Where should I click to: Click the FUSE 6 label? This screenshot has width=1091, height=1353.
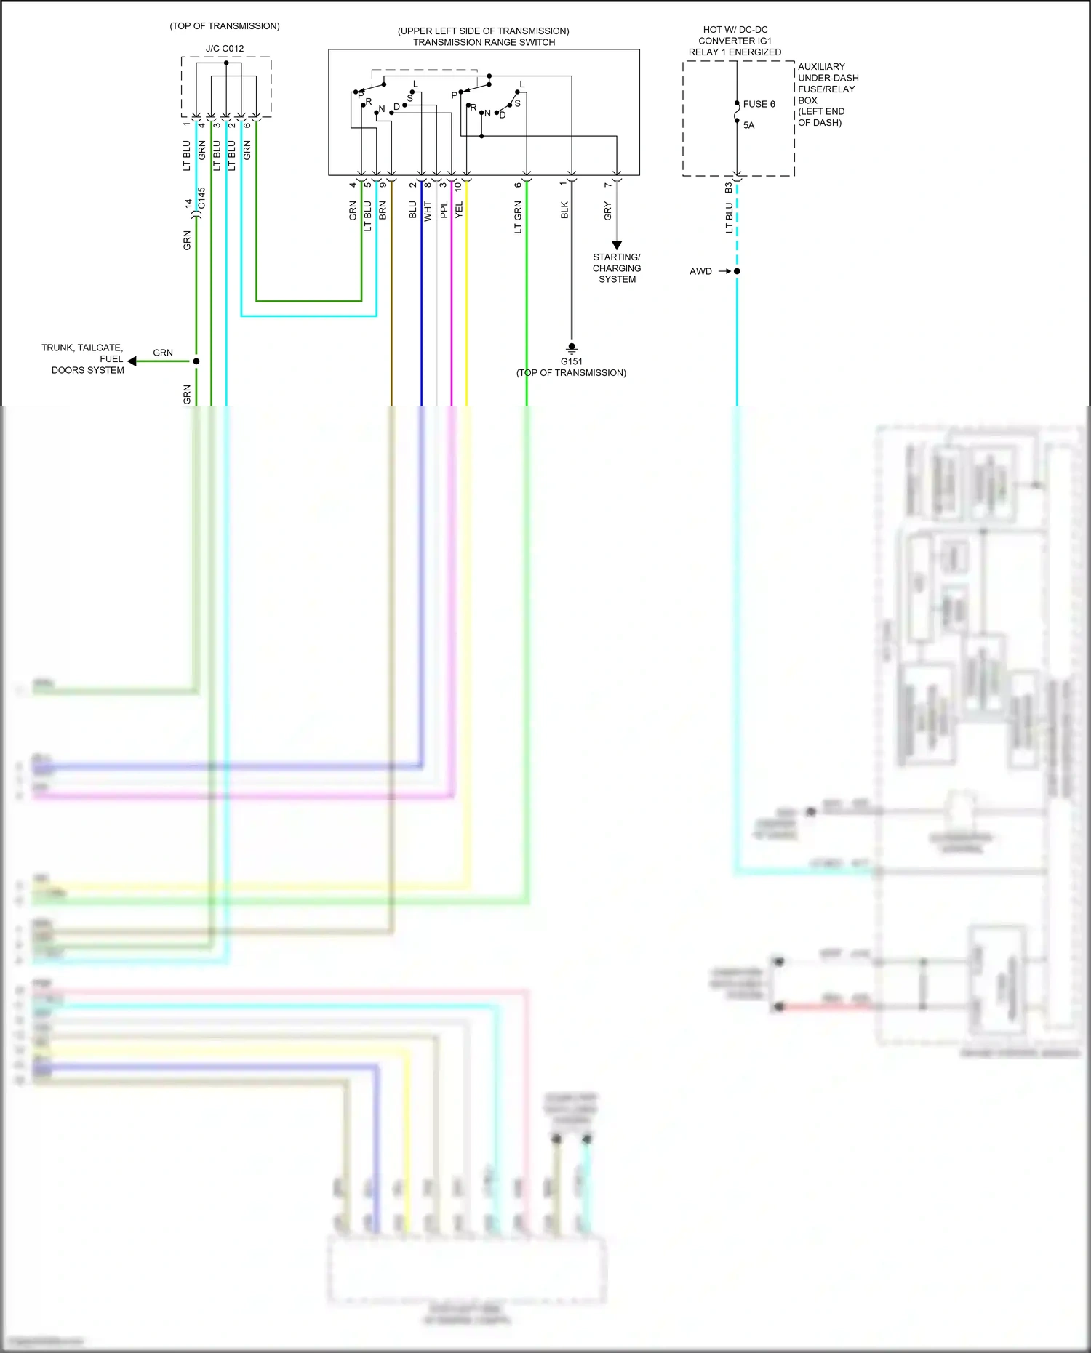pyautogui.click(x=759, y=104)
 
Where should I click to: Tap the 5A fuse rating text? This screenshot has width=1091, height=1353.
pyautogui.click(x=748, y=125)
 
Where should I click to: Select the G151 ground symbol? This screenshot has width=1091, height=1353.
pyautogui.click(x=572, y=348)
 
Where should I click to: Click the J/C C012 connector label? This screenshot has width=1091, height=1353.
pyautogui.click(x=225, y=49)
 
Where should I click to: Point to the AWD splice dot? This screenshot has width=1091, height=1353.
pyautogui.click(x=737, y=271)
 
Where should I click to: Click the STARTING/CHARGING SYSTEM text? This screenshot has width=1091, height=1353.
pyautogui.click(x=617, y=268)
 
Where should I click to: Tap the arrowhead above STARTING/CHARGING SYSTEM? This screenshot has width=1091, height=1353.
pyautogui.click(x=617, y=246)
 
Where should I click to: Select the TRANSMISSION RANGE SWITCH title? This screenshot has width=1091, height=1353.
pyautogui.click(x=484, y=42)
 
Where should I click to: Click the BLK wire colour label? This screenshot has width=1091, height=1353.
pyautogui.click(x=564, y=211)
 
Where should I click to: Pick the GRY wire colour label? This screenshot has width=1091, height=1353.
pyautogui.click(x=607, y=211)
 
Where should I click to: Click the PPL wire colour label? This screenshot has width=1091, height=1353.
pyautogui.click(x=444, y=211)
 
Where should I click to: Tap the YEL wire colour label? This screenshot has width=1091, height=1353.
pyautogui.click(x=459, y=211)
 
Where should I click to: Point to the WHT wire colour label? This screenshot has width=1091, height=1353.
pyautogui.click(x=428, y=211)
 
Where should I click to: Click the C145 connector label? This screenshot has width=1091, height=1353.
pyautogui.click(x=202, y=198)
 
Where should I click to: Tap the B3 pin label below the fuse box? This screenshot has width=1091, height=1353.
pyautogui.click(x=728, y=188)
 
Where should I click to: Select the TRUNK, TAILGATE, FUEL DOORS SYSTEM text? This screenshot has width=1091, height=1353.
pyautogui.click(x=83, y=358)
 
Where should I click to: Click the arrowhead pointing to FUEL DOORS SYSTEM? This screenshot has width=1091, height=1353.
pyautogui.click(x=132, y=361)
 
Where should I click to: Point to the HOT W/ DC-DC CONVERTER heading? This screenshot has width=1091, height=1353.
pyautogui.click(x=735, y=41)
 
